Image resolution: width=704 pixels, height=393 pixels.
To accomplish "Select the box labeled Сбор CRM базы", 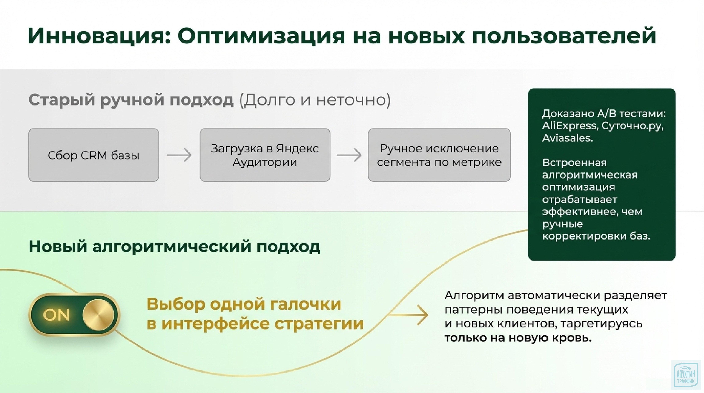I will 93,155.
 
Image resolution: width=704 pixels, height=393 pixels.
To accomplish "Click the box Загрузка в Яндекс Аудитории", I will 264,155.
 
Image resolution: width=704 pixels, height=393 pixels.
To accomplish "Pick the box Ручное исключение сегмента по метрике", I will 439,155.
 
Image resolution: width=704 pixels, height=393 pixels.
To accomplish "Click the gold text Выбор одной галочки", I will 244,304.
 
